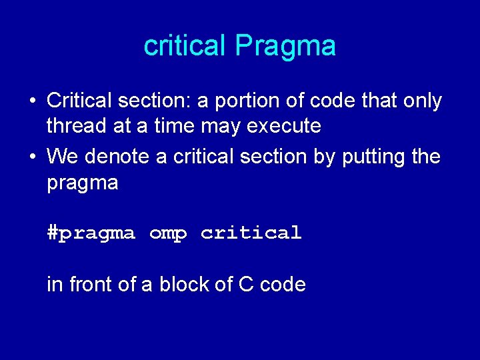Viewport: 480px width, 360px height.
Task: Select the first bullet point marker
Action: (x=32, y=101)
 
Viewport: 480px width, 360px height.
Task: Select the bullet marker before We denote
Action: (x=32, y=157)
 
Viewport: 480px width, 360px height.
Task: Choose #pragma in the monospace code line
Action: (x=91, y=233)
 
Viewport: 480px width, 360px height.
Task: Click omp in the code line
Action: (x=168, y=233)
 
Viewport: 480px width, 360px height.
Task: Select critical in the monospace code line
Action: (x=251, y=233)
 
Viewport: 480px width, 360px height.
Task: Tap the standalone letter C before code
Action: (x=246, y=285)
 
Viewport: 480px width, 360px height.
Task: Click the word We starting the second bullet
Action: (x=63, y=157)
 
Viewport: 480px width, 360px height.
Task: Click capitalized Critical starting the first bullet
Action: (x=79, y=101)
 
